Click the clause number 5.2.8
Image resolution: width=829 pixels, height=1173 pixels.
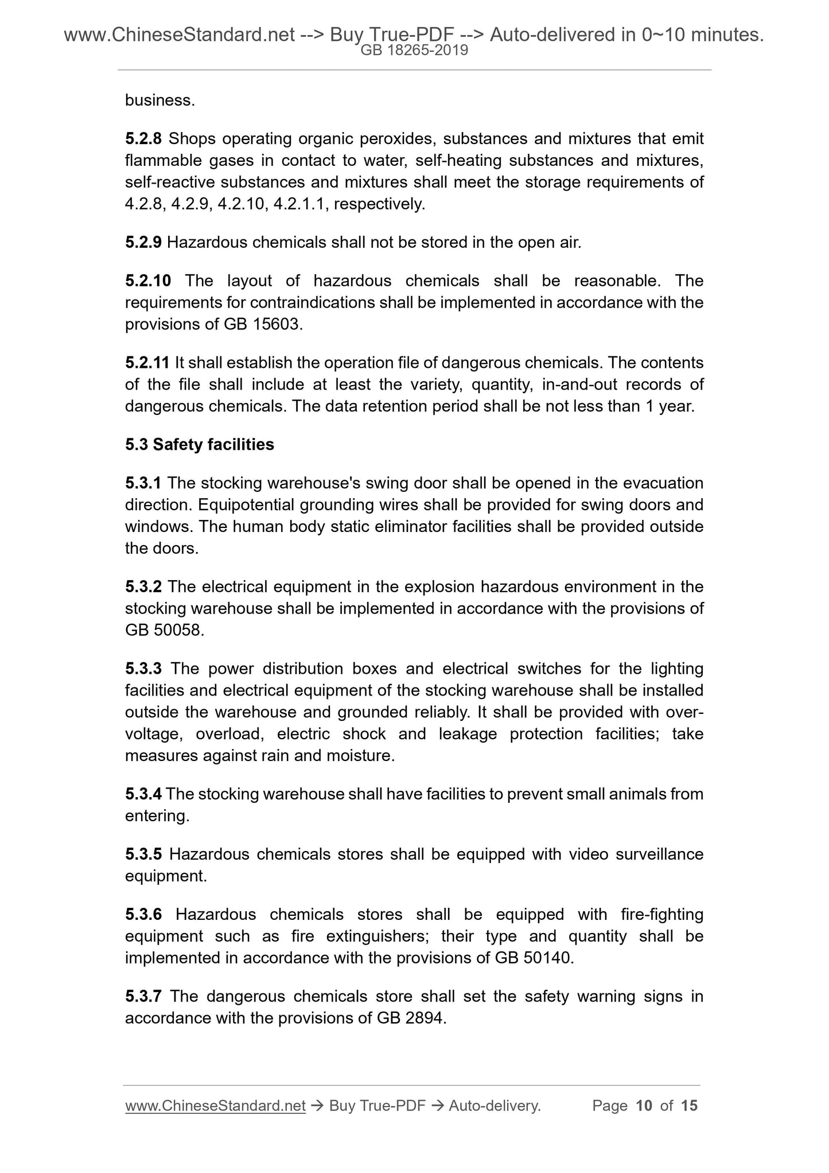pos(143,139)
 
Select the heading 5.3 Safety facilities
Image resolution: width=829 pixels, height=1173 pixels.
pos(199,445)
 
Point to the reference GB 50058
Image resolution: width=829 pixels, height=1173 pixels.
pos(164,630)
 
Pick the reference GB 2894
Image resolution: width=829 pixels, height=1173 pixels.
pos(410,1018)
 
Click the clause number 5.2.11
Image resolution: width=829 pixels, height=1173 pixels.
pos(147,363)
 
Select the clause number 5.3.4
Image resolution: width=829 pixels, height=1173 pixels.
pos(143,794)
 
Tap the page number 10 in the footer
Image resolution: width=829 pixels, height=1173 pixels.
pos(644,1106)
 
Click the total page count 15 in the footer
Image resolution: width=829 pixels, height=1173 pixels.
pos(689,1106)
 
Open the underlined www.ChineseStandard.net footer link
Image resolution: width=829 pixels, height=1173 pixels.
pos(215,1106)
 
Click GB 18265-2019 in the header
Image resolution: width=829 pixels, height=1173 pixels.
pos(414,51)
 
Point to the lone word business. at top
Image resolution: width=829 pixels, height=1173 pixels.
pos(160,100)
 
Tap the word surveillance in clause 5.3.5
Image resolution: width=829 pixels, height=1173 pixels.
pos(659,854)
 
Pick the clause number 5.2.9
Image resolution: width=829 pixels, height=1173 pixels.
pos(143,243)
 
